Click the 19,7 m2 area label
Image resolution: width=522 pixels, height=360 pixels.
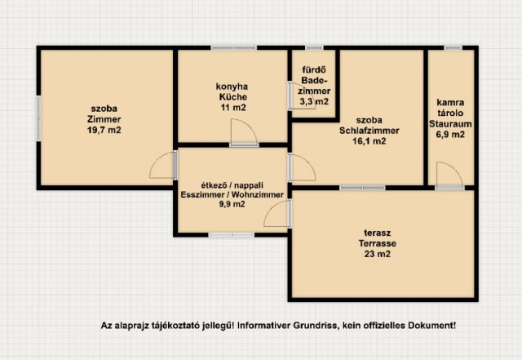(104, 130)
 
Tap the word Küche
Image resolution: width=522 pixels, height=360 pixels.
(233, 97)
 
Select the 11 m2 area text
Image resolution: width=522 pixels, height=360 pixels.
(233, 108)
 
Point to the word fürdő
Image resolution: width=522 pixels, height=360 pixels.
(314, 70)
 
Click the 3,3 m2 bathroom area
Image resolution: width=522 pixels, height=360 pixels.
(314, 101)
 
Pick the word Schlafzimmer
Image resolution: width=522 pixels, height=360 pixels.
(369, 131)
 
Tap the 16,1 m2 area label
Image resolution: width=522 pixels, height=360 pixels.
(369, 141)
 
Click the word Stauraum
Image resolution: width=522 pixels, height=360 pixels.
(450, 124)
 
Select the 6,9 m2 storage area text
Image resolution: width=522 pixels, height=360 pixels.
(450, 135)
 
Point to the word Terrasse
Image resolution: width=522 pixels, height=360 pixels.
(377, 243)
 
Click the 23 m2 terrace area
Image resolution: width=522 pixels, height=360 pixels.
(377, 254)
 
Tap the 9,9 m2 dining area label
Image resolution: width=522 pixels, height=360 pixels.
(232, 204)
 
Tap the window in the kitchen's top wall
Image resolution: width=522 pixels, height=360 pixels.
(234, 48)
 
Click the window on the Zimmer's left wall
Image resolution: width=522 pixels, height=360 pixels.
(38, 118)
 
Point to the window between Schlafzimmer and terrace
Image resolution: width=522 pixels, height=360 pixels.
(362, 188)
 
